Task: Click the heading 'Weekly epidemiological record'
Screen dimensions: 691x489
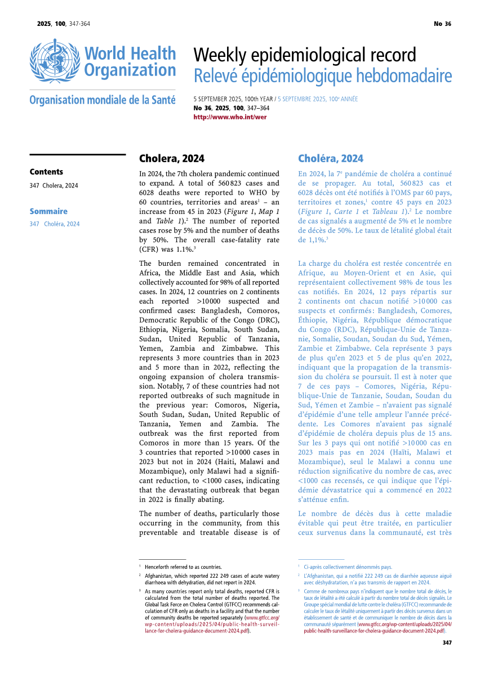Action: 305,55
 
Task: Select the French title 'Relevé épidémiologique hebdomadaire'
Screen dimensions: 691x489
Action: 322,75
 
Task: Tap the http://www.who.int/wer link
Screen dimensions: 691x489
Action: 230,117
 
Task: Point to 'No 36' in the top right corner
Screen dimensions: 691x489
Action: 442,24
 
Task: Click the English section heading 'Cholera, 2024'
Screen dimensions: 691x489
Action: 172,158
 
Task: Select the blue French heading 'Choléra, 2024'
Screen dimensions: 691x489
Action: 331,158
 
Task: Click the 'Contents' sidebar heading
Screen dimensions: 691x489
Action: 46,172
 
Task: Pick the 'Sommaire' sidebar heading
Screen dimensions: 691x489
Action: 48,211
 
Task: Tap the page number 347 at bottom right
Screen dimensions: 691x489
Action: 447,643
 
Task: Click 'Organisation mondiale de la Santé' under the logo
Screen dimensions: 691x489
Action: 103,100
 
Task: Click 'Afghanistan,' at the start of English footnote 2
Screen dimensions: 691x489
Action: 161,576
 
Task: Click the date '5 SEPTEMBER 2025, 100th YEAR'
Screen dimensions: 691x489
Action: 233,99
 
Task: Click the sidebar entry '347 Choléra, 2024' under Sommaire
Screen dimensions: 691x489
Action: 55,224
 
